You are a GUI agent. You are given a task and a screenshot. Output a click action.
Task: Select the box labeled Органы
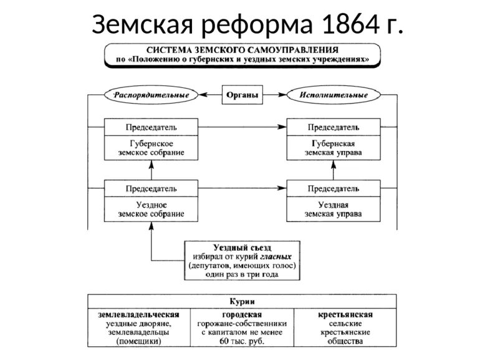coord(241,95)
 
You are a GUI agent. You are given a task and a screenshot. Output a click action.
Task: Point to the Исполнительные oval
coord(334,95)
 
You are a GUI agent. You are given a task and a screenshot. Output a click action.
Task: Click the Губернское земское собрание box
coord(151,147)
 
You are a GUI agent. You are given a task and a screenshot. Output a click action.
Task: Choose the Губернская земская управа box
coord(333,147)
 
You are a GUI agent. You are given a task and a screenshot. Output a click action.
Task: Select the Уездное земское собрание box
coord(151,209)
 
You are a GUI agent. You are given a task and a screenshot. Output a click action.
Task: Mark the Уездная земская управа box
coord(333,209)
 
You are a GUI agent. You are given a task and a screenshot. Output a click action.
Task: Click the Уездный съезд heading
coord(242,247)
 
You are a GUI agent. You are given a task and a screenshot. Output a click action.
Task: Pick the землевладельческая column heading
coord(138,314)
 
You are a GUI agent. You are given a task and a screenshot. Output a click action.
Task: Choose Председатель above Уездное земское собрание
coord(151,188)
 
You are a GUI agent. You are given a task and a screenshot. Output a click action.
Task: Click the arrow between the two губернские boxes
coord(240,127)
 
